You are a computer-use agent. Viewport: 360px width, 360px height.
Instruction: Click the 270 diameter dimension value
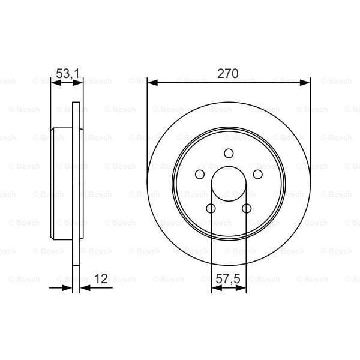point(229,74)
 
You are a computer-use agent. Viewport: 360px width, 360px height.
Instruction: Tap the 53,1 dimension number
point(67,74)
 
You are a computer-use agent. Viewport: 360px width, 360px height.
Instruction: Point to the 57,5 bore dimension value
point(229,279)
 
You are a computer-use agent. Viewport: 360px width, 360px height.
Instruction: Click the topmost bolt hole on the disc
point(229,154)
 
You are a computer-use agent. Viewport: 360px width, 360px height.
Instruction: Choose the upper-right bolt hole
point(258,174)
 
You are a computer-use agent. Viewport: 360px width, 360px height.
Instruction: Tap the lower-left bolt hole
point(211,208)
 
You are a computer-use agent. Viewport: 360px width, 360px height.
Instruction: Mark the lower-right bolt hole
point(247,208)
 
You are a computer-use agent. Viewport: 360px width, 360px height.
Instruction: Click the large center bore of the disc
point(229,184)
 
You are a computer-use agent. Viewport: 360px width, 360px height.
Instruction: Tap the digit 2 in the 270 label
point(221,74)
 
